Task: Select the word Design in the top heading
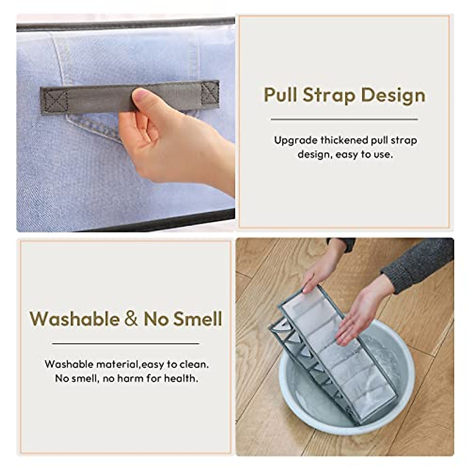pyautogui.click(x=393, y=96)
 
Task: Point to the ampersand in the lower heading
pyautogui.click(x=131, y=319)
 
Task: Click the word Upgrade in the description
pyautogui.click(x=296, y=140)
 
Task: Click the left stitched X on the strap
pyautogui.click(x=54, y=101)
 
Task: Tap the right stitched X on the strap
pyautogui.click(x=210, y=93)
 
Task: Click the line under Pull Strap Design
pyautogui.click(x=344, y=119)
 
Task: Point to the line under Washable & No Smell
pyautogui.click(x=125, y=344)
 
